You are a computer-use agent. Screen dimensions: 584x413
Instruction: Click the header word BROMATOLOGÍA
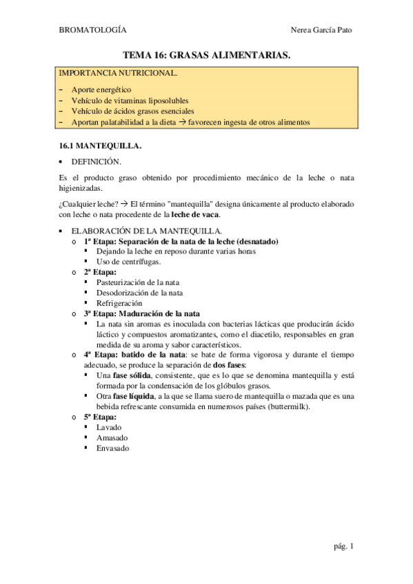point(92,30)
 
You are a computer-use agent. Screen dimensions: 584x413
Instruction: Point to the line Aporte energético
point(101,90)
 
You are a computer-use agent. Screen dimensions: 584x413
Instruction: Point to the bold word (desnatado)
point(256,242)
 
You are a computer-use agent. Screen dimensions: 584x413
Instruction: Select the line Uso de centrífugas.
point(129,262)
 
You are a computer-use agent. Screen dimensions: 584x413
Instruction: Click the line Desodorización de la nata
point(140,293)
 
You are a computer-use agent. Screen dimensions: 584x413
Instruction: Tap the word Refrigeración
point(119,303)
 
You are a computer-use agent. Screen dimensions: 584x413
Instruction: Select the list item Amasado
point(112,437)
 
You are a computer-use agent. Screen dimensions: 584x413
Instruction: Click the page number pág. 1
point(342,547)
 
